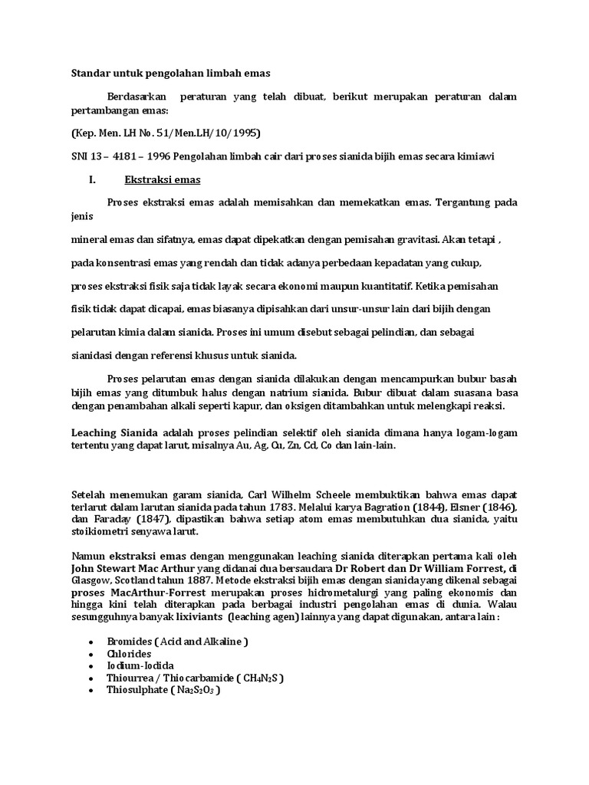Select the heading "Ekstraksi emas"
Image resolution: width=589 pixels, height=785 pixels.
[162, 180]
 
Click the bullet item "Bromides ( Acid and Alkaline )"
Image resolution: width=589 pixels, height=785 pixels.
[178, 641]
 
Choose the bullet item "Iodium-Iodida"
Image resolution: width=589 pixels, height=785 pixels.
[140, 665]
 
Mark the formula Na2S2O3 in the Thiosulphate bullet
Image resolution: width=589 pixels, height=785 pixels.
[196, 690]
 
